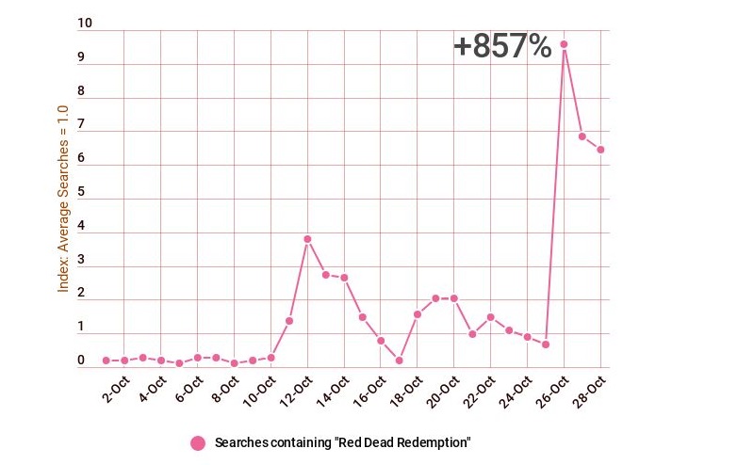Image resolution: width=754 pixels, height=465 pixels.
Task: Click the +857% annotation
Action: coord(502,46)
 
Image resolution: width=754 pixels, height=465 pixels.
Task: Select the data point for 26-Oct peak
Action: coord(564,44)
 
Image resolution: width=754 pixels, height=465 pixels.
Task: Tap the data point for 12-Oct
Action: coord(307,239)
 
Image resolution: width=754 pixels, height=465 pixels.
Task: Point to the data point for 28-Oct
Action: coord(600,150)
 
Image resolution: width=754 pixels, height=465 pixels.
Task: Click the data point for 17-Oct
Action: coord(399,361)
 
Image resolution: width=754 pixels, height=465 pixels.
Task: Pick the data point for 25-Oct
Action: coord(546,345)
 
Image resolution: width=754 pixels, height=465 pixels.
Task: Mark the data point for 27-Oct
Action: coord(582,136)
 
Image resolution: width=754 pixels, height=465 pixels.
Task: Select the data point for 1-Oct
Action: coord(106,361)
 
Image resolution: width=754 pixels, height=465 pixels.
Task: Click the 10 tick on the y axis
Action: coord(85,24)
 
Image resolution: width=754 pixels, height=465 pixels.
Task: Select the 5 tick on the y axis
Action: coord(81,192)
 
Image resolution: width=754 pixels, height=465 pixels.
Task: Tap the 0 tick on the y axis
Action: coord(81,361)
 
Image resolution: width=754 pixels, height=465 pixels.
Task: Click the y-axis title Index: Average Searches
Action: coord(63,198)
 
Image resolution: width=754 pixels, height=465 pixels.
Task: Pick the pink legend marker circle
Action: coord(198,443)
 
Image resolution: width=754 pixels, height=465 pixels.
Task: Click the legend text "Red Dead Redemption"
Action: coord(342,442)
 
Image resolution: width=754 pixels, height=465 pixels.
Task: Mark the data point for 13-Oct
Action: coord(326,275)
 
